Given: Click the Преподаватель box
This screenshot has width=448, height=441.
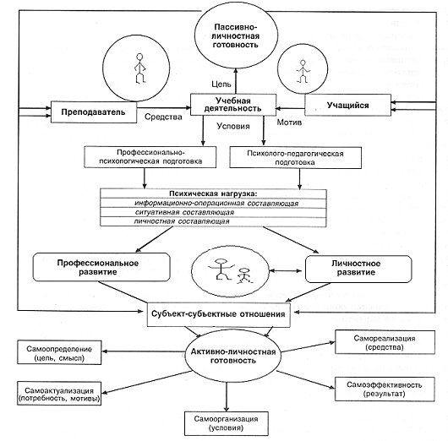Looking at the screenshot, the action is coord(94,112).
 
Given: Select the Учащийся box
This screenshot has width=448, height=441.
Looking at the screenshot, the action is coord(347,106).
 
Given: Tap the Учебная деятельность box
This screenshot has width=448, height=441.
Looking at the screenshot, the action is coord(233,105).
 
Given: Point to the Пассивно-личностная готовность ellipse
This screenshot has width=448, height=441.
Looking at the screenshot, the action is coord(236,35).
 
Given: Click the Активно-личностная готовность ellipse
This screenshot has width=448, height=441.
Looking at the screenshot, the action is coord(232,356).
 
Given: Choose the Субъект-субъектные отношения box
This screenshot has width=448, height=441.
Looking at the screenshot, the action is coord(219,314).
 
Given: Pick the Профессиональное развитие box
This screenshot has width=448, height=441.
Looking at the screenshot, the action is coord(101,267).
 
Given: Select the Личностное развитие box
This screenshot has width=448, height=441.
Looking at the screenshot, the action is coord(358,269).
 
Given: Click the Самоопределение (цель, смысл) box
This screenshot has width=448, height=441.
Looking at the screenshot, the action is coord(59,352).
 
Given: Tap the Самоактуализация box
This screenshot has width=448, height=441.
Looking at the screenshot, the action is coord(59,394).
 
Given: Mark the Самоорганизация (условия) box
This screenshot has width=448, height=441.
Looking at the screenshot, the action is coord(227,423).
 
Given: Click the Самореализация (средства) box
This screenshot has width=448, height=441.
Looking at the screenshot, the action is coord(385,342).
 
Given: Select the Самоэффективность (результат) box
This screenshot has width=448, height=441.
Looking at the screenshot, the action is coord(385,389).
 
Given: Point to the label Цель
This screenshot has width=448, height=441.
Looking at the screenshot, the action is coord(221,84).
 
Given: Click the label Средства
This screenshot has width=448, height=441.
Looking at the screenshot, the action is coord(163,117).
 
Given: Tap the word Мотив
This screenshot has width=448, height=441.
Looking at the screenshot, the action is coord(289,122).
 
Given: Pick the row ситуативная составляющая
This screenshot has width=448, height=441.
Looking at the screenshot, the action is coord(213,213).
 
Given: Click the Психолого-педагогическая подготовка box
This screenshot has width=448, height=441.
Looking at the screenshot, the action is coord(296,158).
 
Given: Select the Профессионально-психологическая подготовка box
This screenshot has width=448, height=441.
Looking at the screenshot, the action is coord(150,157).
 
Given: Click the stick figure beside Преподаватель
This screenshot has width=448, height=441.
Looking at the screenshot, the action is coord(139,68).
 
